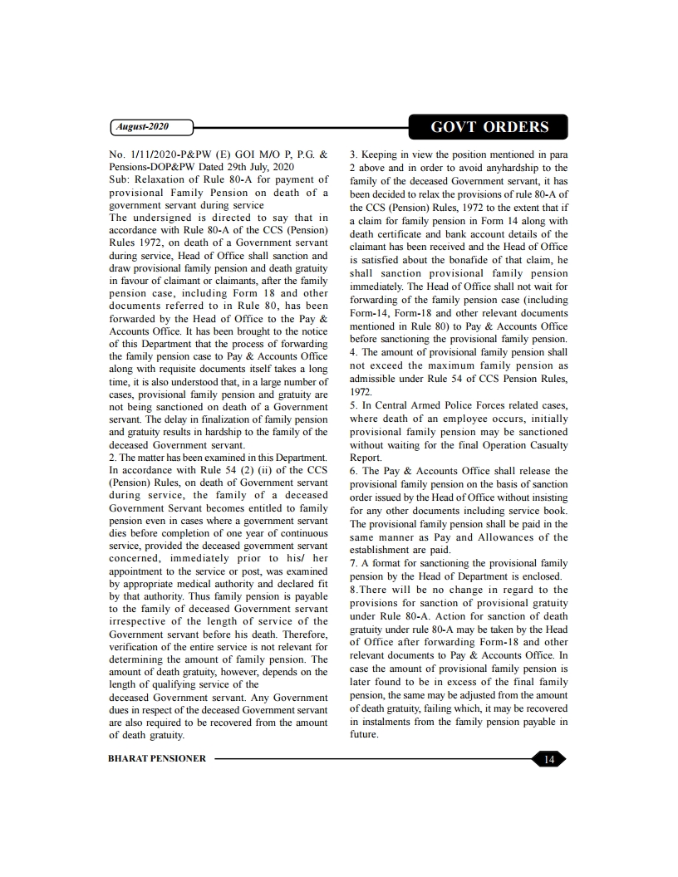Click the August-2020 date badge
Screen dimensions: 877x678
[x=151, y=127]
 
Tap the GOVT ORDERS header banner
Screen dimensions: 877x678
[x=489, y=127]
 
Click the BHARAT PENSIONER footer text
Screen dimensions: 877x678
[x=157, y=758]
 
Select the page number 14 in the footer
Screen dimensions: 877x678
[x=548, y=758]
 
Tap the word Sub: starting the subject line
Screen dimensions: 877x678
[x=122, y=179]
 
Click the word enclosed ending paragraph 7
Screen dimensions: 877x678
[x=540, y=576]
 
